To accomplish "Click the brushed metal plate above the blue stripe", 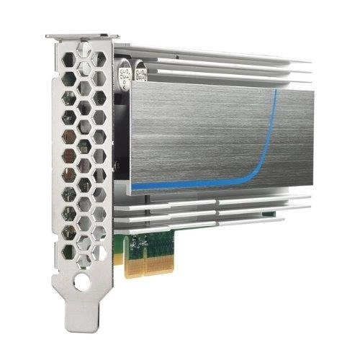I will pos(202,130).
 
